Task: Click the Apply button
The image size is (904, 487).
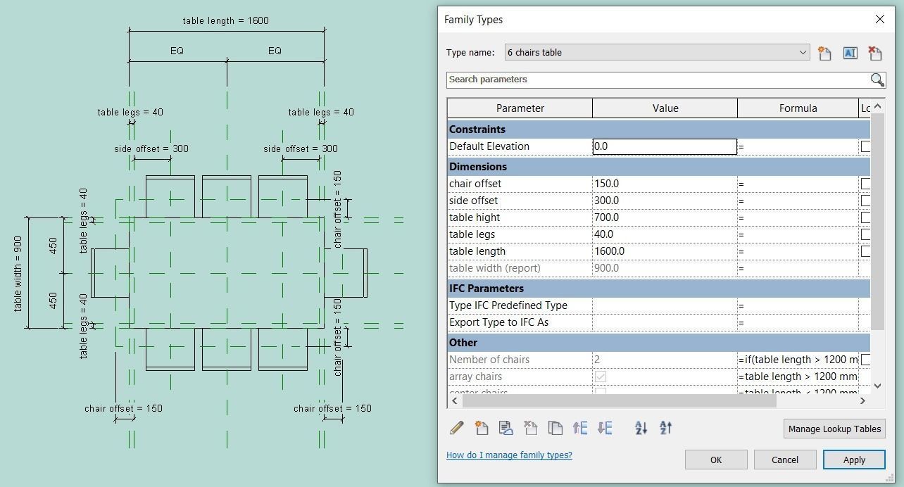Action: tap(853, 460)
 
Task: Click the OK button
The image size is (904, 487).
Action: tap(715, 460)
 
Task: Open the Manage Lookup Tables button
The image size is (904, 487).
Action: tap(834, 429)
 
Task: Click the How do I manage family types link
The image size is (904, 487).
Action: tap(509, 455)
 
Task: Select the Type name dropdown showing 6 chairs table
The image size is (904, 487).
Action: tap(656, 52)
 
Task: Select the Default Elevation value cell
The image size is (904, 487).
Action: tap(664, 146)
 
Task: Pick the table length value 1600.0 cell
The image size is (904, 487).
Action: tap(664, 251)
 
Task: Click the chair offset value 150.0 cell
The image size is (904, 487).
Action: tap(664, 184)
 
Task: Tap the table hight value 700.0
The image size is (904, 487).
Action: tap(664, 217)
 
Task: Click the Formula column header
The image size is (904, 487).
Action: tap(798, 108)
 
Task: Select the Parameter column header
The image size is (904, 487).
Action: tap(520, 108)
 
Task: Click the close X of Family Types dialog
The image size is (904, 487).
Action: tap(879, 19)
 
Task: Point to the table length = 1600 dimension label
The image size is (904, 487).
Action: tap(225, 20)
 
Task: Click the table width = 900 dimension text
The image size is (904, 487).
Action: tap(18, 273)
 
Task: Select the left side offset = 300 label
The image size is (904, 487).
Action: tap(151, 148)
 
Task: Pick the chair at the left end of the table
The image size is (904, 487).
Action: tap(110, 273)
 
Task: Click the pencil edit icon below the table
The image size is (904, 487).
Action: tap(456, 427)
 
